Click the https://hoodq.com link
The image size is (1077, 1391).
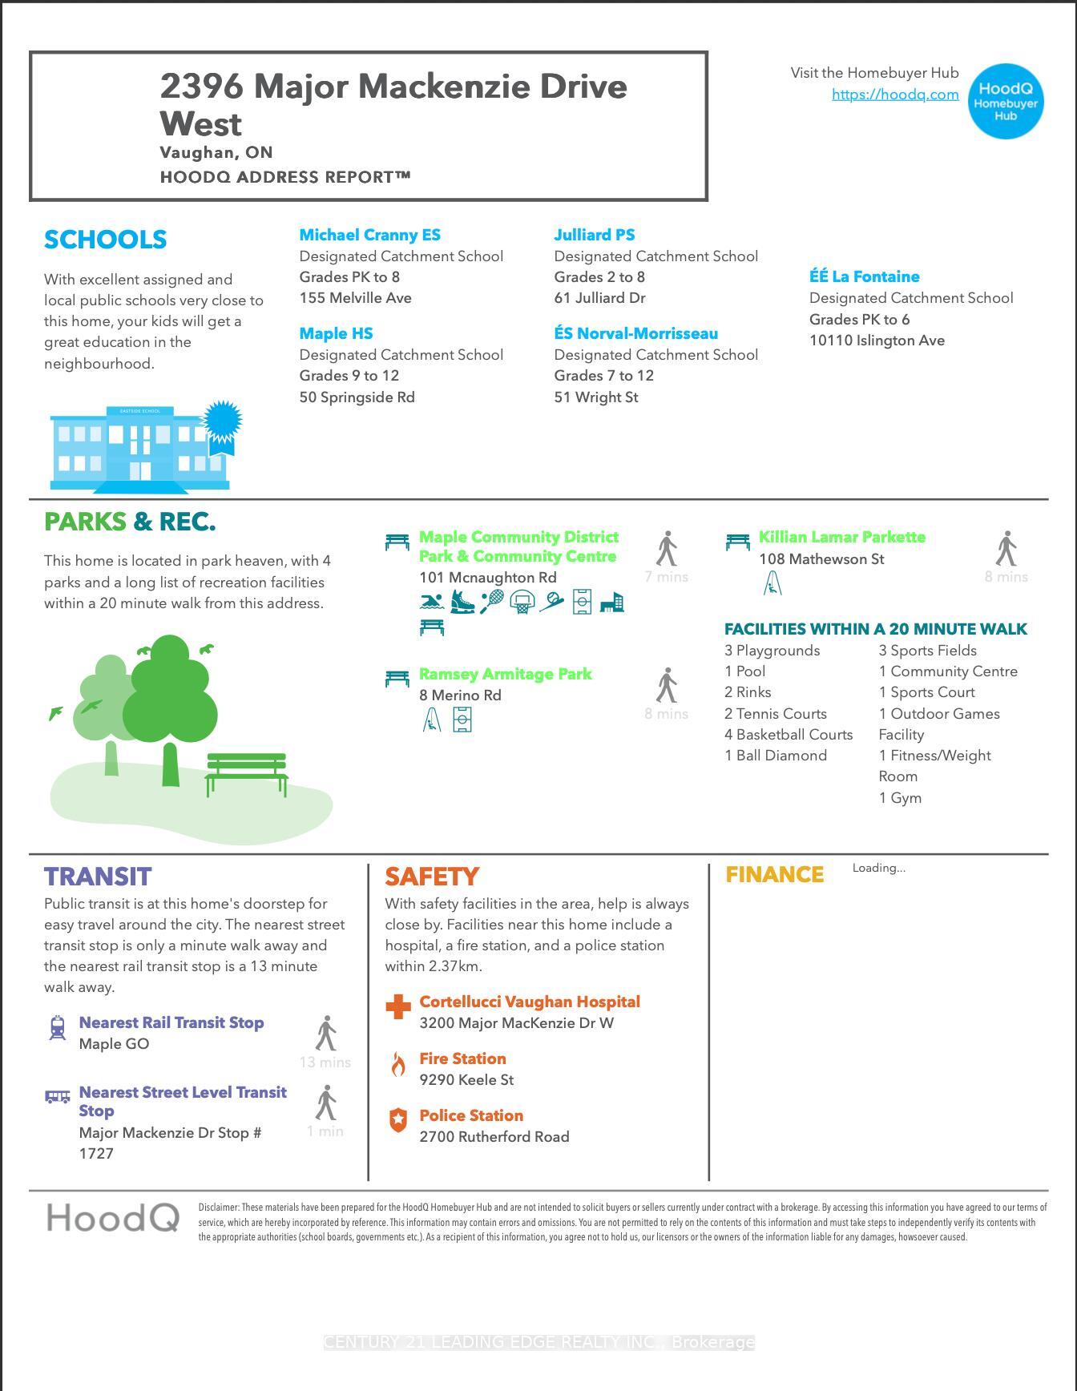895,95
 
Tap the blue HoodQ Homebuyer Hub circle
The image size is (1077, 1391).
1006,102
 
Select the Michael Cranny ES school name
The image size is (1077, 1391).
369,235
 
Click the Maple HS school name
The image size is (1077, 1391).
336,333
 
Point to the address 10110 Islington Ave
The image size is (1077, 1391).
877,341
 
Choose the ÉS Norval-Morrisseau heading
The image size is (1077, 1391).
635,333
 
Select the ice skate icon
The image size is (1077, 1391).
462,601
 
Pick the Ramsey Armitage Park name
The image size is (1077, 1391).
505,674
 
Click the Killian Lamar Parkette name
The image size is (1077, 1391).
841,537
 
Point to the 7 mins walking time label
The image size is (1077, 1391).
666,577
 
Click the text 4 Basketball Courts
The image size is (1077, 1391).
789,735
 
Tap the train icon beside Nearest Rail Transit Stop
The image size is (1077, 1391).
58,1028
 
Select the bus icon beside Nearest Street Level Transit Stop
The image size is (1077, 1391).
58,1097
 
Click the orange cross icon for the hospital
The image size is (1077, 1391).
398,1007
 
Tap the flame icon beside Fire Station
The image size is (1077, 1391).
398,1065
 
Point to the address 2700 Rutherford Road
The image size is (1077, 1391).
494,1137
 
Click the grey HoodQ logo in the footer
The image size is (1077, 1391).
113,1218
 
